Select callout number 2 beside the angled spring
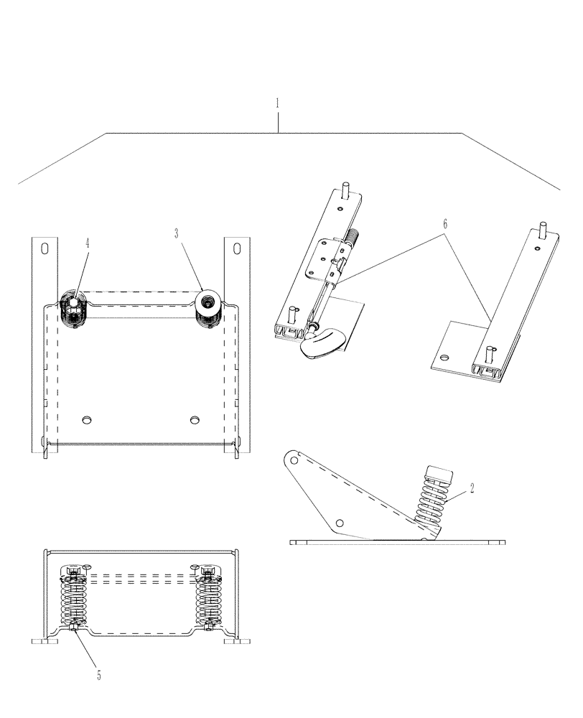(472, 488)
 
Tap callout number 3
(176, 233)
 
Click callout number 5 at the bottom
(99, 676)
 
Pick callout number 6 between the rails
(445, 224)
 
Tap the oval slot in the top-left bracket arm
(45, 248)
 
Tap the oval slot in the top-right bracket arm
(236, 248)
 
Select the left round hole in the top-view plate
(88, 419)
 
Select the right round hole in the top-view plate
(194, 419)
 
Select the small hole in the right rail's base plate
(444, 356)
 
